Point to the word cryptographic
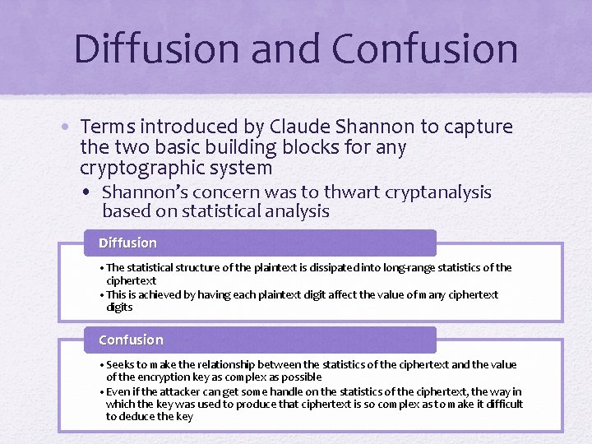click(134, 168)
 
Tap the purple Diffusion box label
click(127, 243)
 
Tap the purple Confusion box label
click(131, 340)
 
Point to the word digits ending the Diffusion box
click(119, 307)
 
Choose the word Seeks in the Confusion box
click(121, 364)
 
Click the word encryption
click(152, 377)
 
